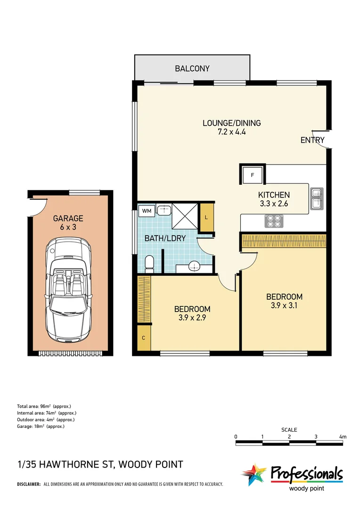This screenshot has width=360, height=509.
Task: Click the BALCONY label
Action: [192, 69]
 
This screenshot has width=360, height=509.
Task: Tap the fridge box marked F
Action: [252, 176]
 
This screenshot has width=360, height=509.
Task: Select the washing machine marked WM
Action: [147, 211]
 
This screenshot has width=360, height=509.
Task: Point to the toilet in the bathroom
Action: [149, 263]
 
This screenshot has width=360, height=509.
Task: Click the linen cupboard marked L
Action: [207, 217]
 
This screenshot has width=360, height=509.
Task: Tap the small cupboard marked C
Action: [144, 338]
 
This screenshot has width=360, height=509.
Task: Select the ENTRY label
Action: [312, 140]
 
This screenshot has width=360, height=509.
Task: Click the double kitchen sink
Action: [316, 198]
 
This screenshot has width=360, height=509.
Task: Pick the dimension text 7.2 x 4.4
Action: [231, 132]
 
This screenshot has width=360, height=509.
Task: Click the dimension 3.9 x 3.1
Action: [284, 305]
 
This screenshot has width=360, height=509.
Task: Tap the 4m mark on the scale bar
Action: [343, 437]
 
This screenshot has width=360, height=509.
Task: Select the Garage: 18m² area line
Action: [41, 426]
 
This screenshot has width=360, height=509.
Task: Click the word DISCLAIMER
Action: [29, 484]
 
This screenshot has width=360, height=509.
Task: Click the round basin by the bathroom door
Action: [194, 267]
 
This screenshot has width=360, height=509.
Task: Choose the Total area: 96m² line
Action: [44, 406]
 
